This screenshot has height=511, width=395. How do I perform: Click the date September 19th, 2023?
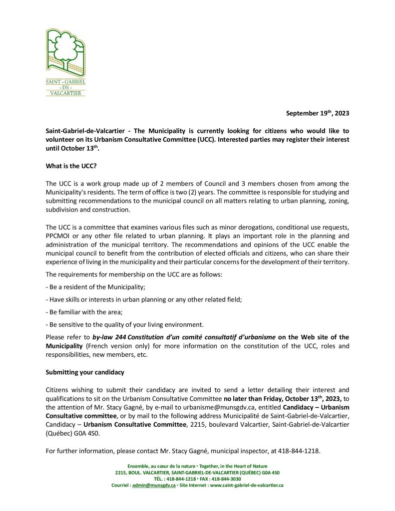[x=317, y=114]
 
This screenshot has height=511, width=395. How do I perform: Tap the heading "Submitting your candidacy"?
[x=85, y=372]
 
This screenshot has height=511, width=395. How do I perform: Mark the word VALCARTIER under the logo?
[x=65, y=92]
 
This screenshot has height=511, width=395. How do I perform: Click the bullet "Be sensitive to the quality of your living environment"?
[x=125, y=324]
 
